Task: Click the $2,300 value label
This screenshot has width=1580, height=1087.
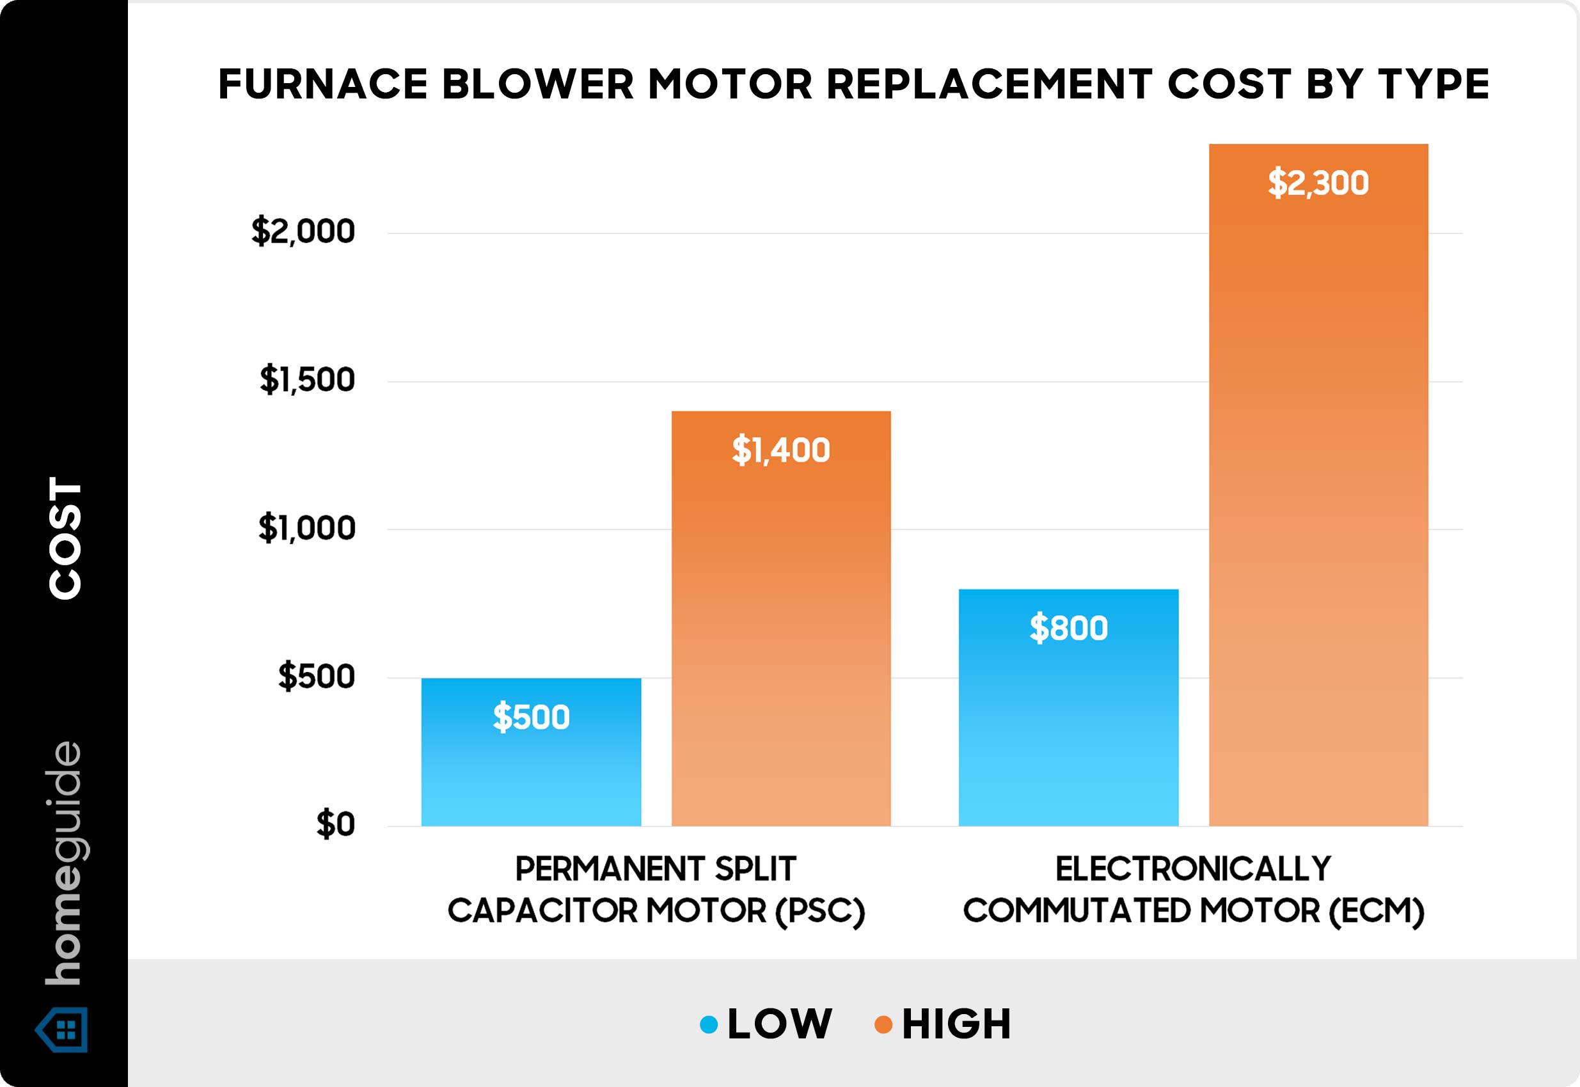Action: click(1318, 184)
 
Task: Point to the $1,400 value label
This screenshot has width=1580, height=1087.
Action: click(781, 450)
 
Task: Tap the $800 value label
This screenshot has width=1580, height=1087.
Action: click(1068, 628)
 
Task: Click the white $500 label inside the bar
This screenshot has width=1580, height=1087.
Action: click(531, 717)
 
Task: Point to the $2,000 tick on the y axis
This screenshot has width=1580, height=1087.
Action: click(303, 231)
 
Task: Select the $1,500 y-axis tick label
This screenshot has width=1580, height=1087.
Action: click(307, 380)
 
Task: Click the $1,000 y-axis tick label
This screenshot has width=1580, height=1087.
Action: click(306, 529)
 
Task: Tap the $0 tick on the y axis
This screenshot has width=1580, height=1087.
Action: click(335, 825)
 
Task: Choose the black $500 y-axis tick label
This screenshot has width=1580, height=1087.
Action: click(316, 677)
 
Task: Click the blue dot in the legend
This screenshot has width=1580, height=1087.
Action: click(709, 1024)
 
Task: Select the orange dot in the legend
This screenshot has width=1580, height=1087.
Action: click(883, 1024)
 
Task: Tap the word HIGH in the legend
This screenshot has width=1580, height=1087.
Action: click(956, 1024)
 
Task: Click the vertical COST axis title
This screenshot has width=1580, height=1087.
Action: click(65, 538)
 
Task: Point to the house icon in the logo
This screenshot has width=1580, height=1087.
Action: click(63, 1029)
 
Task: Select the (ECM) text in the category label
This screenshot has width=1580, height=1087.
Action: click(1377, 911)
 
